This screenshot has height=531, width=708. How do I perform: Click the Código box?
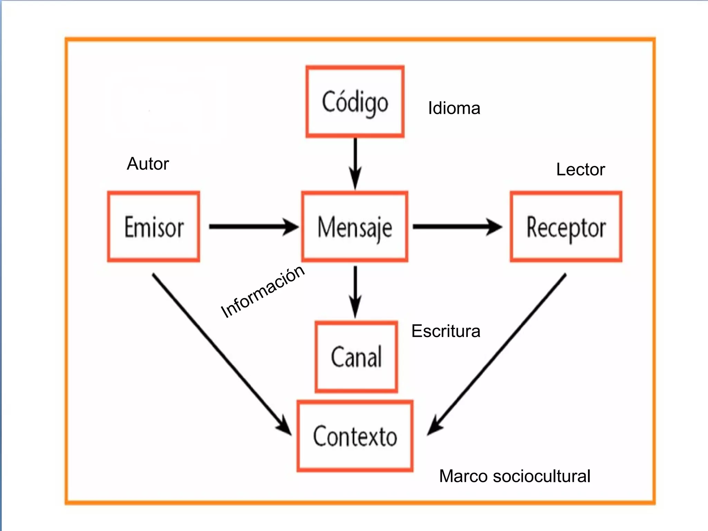(x=355, y=102)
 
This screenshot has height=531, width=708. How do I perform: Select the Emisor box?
(x=153, y=226)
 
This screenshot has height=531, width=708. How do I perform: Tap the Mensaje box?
(x=355, y=226)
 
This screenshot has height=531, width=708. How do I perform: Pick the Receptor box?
(x=566, y=226)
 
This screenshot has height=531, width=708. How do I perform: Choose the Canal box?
(x=356, y=357)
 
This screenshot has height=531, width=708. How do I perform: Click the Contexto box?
(x=355, y=436)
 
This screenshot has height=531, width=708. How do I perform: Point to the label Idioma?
(x=454, y=108)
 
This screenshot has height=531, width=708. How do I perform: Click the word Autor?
(x=148, y=164)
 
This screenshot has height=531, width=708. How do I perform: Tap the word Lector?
(x=580, y=169)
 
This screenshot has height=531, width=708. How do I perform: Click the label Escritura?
(x=446, y=331)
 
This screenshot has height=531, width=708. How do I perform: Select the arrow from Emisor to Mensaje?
(x=252, y=226)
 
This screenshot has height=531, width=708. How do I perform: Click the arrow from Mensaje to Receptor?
(x=456, y=226)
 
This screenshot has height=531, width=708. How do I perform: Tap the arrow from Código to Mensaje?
(x=355, y=162)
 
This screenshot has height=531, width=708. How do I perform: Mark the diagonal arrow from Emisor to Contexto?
(x=221, y=353)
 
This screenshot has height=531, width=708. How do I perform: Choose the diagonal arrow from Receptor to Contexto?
(x=498, y=353)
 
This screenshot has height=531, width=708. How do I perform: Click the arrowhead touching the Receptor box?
(x=494, y=227)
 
